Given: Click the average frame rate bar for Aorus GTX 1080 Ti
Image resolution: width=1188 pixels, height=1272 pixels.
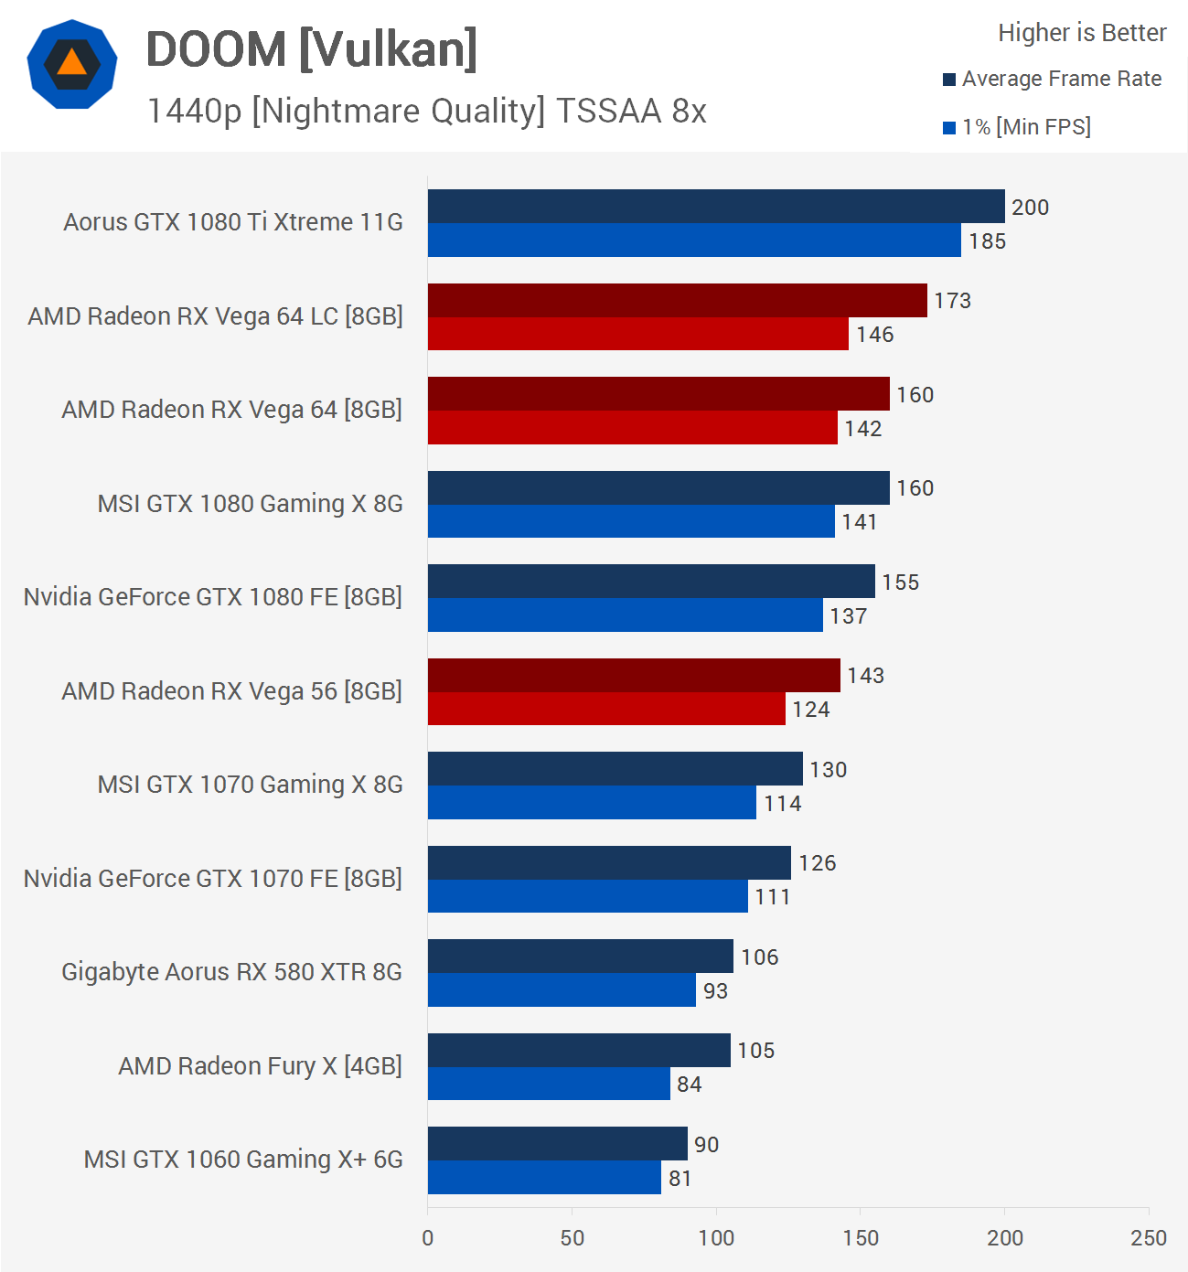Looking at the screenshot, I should tap(715, 207).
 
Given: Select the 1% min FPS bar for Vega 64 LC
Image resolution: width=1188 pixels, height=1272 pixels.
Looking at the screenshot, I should tap(637, 334).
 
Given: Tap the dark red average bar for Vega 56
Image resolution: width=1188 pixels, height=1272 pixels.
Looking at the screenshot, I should tap(633, 675).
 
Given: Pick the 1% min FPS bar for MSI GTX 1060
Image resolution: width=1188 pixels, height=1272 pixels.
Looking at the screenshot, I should tap(544, 1178).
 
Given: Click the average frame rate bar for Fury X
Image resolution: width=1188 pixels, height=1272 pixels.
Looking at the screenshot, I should tap(578, 1050).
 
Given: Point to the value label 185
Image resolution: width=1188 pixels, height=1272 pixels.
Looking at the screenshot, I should tap(987, 241).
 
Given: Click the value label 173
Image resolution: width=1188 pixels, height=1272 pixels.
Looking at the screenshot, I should tap(952, 301).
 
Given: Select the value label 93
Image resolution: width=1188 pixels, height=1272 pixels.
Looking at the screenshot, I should tap(715, 991).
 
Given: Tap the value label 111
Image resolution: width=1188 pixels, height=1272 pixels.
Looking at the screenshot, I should tap(772, 897).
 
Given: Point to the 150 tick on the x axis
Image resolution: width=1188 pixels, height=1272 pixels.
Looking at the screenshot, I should tap(861, 1238).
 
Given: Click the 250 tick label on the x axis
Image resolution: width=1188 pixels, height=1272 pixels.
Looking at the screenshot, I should tap(1149, 1238).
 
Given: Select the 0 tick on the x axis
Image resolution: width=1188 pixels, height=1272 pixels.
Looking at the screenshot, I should tap(428, 1238).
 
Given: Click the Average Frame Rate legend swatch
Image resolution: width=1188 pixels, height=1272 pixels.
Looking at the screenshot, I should tap(949, 80).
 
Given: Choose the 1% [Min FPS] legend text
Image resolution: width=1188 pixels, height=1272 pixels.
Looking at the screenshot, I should tap(1026, 127).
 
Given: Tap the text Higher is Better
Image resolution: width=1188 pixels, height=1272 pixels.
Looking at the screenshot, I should tap(1082, 33).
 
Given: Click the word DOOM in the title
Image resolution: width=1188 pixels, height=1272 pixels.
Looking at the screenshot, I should tap(217, 49).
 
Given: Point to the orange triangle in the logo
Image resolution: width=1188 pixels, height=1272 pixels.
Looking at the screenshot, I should tap(71, 63).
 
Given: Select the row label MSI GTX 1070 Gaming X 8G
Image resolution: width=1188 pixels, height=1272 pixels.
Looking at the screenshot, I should tap(250, 785).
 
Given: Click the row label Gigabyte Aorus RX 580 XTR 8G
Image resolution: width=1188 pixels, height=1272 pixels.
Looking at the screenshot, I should tap(231, 972).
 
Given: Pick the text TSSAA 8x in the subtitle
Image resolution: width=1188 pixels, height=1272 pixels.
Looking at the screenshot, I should tap(631, 111).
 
